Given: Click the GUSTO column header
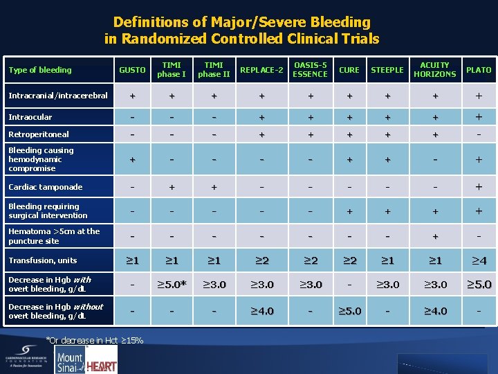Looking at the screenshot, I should (x=132, y=70).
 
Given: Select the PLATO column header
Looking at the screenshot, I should (x=479, y=70).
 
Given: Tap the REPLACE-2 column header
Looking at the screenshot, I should (x=262, y=70).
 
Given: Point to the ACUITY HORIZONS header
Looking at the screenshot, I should (x=435, y=69).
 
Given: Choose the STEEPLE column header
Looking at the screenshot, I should (x=387, y=70).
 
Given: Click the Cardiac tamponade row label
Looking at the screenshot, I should (x=45, y=187).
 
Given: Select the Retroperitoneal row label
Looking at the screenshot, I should (x=39, y=134).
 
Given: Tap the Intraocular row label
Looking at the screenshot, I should (x=30, y=117).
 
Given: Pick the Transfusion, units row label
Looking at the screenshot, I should (x=42, y=260).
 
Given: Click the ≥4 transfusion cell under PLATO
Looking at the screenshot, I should (x=479, y=260).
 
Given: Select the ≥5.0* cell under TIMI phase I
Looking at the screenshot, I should (x=171, y=284).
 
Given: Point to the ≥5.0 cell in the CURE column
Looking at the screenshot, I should (x=349, y=311).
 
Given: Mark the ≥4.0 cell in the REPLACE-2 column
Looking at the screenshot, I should (x=262, y=311).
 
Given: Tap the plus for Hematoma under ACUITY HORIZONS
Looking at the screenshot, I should (x=435, y=236).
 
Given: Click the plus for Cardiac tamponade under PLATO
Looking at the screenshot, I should (x=479, y=187).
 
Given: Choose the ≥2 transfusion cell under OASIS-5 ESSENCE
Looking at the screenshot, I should (x=310, y=260).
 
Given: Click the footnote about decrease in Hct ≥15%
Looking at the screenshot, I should (x=94, y=340).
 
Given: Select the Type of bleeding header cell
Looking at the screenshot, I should (x=39, y=70).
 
